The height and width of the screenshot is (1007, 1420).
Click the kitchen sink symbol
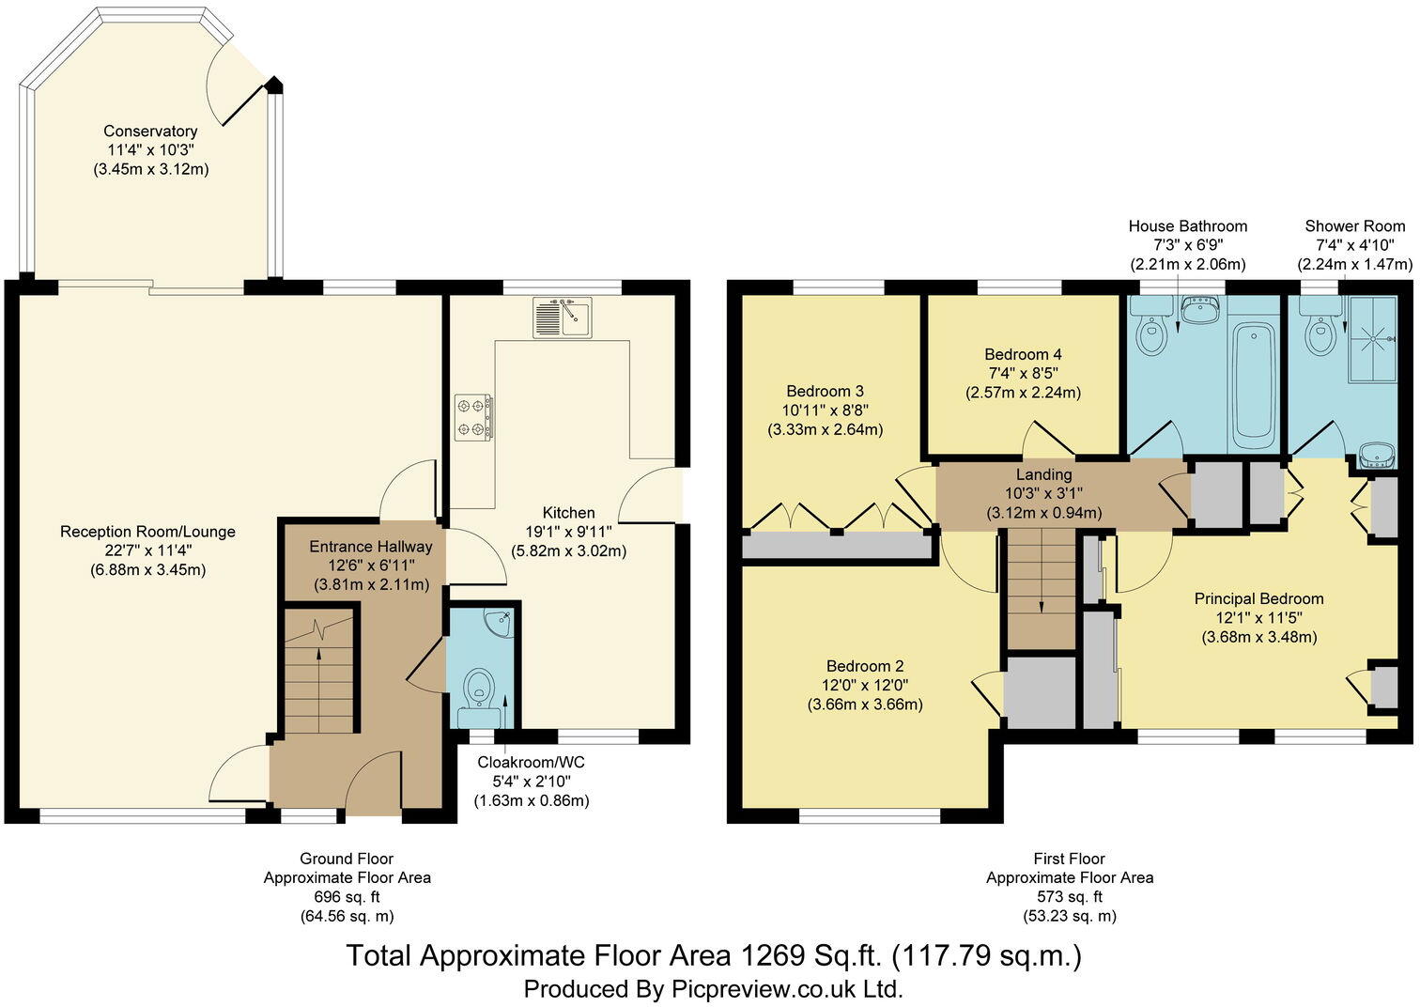[x=561, y=318]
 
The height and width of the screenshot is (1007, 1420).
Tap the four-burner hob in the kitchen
[x=473, y=417]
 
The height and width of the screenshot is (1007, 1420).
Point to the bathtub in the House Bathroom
[x=1251, y=385]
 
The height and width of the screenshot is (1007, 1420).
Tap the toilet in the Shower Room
[x=1320, y=334]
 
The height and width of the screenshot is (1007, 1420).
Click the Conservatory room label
[x=150, y=132]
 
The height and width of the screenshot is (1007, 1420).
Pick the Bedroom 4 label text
[x=1023, y=354]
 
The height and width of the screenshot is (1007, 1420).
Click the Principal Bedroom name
[x=1258, y=598]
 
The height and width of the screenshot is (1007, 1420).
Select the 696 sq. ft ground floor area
[x=347, y=897]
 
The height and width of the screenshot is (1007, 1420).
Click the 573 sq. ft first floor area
[x=1069, y=897]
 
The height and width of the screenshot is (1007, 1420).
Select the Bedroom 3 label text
[x=825, y=391]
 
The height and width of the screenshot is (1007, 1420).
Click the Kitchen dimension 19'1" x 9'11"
[x=568, y=532]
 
